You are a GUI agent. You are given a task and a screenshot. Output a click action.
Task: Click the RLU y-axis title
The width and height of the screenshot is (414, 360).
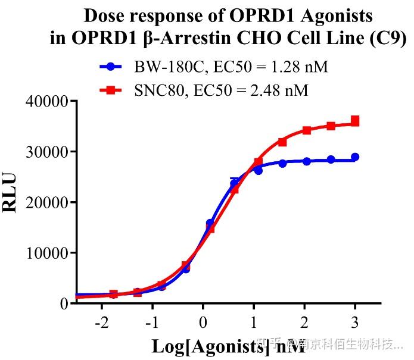(x=13, y=193)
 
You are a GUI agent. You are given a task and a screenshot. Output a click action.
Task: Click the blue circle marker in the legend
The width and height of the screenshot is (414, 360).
(x=111, y=66)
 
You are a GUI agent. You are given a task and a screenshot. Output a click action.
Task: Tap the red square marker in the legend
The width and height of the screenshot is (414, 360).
(x=111, y=90)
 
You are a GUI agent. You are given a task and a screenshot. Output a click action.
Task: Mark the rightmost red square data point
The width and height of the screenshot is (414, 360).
(x=355, y=121)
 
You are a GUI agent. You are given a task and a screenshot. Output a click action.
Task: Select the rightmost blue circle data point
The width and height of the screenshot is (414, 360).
(x=355, y=157)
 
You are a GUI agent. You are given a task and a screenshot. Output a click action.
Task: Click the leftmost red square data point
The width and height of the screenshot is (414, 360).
(x=114, y=294)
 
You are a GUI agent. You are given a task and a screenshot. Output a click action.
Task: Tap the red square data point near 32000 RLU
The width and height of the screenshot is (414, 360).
(x=282, y=142)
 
